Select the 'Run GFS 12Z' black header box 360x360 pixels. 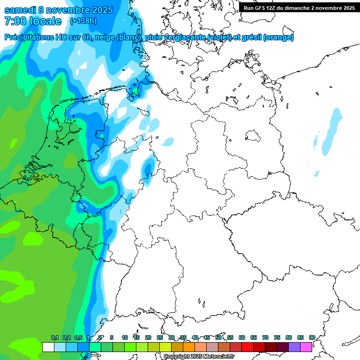[x=299, y=8]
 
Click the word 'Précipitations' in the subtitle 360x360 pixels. [x=35, y=37]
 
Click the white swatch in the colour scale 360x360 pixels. [x=48, y=347]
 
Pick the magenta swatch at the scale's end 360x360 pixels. [x=306, y=347]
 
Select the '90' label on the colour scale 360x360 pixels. [x=312, y=337]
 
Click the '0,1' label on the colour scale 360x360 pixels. [x=55, y=337]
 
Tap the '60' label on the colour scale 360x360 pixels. [x=242, y=337]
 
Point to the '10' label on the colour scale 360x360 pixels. [x=125, y=337]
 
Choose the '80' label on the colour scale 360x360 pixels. [x=288, y=337]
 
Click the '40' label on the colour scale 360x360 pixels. [x=195, y=337]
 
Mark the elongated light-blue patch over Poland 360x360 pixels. [x=331, y=132]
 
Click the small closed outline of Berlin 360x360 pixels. [x=255, y=136]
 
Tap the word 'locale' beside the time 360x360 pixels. [x=45, y=21]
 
